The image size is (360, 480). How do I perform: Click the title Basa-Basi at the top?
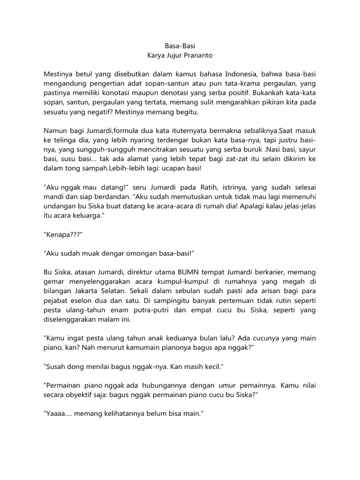180,46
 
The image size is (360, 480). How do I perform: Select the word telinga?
65,141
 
